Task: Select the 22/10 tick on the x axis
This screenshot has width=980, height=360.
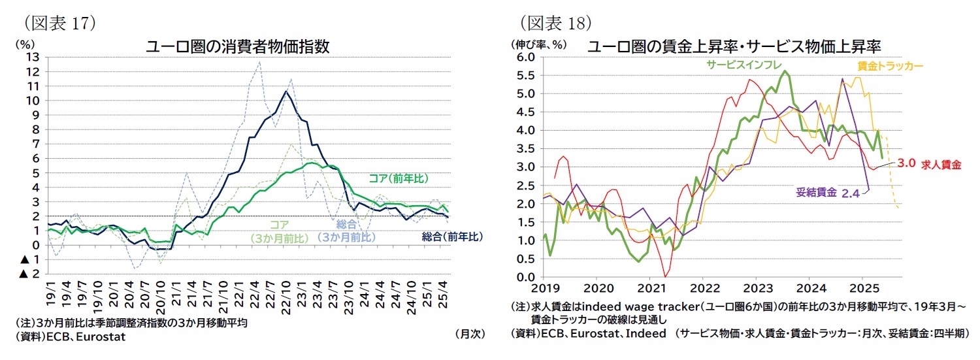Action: [286, 297]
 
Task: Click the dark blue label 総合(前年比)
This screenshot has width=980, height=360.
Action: [453, 236]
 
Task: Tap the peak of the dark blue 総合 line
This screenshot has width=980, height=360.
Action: [285, 91]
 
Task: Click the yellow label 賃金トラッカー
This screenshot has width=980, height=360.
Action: [889, 66]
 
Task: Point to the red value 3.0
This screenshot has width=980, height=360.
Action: [906, 163]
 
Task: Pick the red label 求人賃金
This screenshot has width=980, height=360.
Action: [941, 165]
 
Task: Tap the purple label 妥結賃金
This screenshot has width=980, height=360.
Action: [816, 191]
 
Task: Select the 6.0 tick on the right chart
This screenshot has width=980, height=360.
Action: [526, 57]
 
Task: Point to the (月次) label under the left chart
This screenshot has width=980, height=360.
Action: [470, 333]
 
